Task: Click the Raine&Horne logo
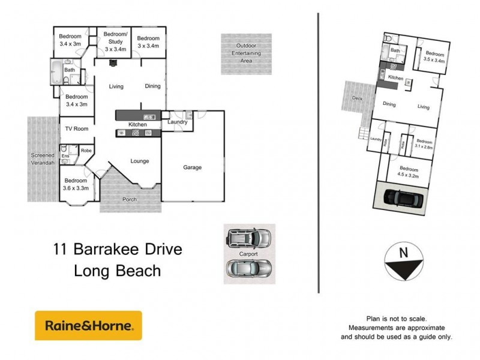point(88,326)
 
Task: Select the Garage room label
point(192,167)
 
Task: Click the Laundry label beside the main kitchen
point(178,122)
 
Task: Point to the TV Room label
point(77,128)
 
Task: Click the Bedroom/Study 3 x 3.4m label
point(115,41)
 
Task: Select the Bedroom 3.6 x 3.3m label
point(76,184)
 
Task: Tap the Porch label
point(129,199)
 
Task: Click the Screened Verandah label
point(43,159)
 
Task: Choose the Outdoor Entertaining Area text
point(246,53)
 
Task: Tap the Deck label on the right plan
point(358,98)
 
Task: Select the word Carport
point(249,254)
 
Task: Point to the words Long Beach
point(117,271)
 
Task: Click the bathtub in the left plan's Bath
point(57,73)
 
